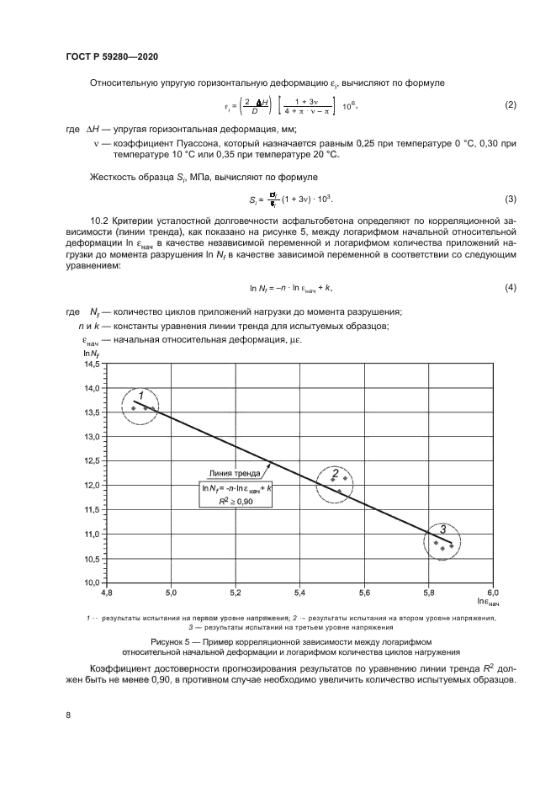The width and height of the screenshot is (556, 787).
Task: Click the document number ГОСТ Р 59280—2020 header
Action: [x=111, y=56]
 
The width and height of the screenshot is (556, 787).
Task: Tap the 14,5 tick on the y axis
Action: [x=91, y=364]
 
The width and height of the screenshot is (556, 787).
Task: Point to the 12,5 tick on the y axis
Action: [x=91, y=461]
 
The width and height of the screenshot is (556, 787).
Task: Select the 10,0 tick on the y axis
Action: [x=91, y=582]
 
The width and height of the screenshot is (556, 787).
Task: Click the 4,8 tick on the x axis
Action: [x=106, y=593]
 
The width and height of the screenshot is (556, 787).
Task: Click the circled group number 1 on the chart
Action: [x=141, y=396]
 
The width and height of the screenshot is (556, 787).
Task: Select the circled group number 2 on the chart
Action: [x=335, y=473]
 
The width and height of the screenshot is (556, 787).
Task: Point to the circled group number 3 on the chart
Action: [x=442, y=529]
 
